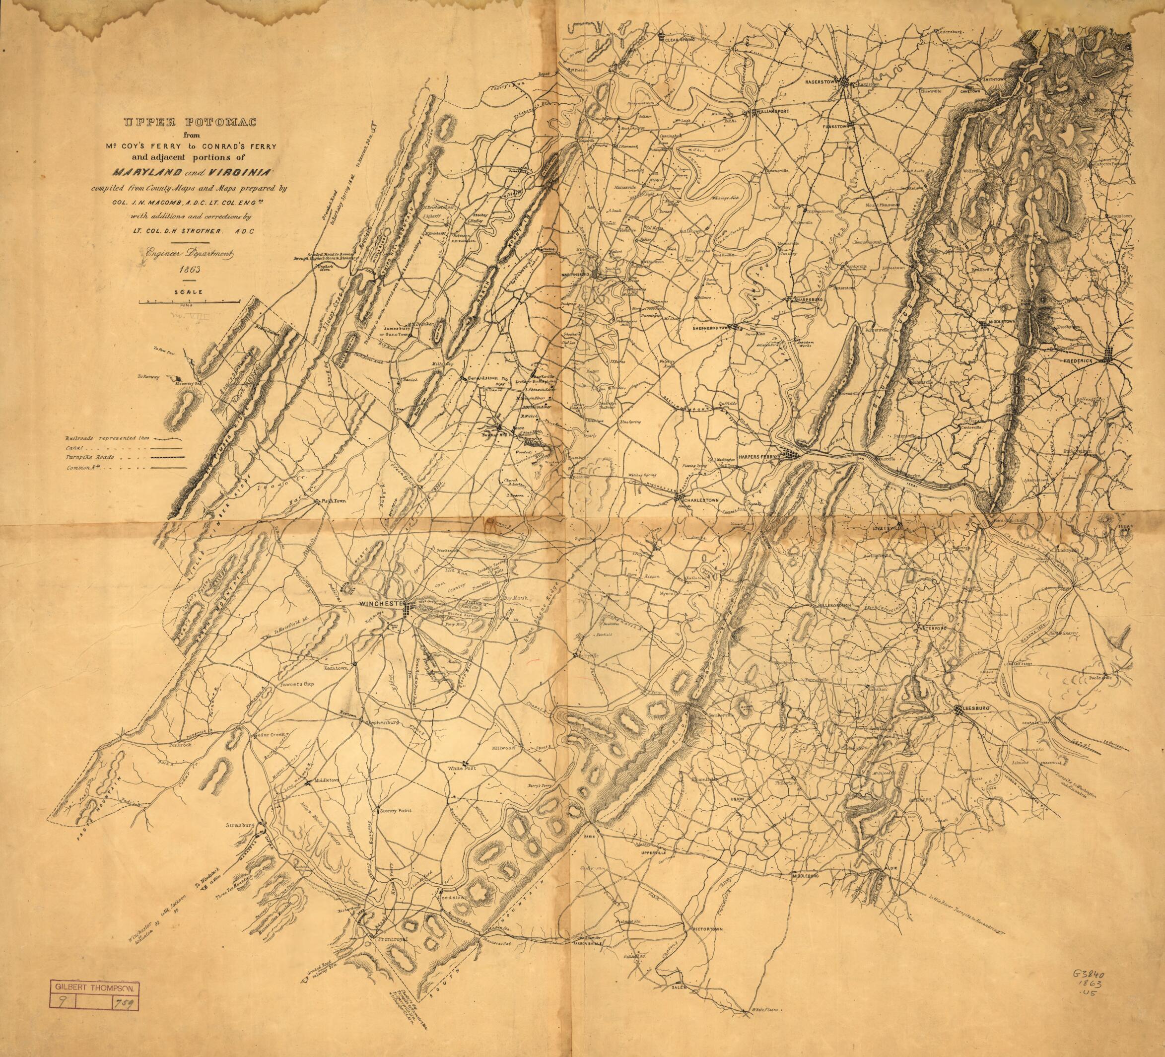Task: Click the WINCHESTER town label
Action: coord(380,603)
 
